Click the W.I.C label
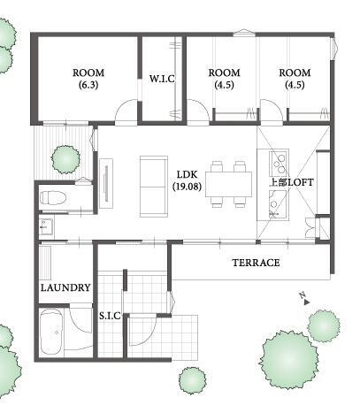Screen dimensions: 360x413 162,79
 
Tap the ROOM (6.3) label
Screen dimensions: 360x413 88,79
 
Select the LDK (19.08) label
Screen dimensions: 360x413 188,180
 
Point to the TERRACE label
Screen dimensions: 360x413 256,263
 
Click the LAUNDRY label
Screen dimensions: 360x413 65,287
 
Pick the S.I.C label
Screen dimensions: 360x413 110,316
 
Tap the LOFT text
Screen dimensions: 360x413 301,182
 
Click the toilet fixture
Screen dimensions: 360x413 52,197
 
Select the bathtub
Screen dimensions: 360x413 51,333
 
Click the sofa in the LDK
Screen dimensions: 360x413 154,187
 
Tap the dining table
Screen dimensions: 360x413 229,184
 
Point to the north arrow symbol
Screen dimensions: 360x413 305,299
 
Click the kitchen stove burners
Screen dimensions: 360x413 279,163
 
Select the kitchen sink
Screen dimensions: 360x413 278,203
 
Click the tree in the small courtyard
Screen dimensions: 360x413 65,159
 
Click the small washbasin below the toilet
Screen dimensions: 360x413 46,226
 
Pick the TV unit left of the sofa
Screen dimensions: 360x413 106,184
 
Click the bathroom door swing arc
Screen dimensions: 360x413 80,321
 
